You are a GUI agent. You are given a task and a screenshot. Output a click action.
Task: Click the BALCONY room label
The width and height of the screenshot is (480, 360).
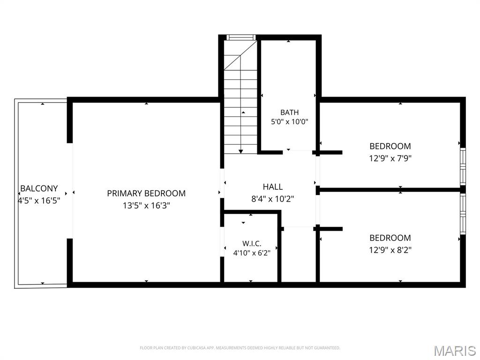tap(39, 188)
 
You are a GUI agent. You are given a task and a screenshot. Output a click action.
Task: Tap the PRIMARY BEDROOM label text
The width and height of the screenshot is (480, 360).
tap(146, 194)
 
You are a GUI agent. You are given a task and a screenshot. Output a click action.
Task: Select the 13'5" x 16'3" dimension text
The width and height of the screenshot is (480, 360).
tap(146, 205)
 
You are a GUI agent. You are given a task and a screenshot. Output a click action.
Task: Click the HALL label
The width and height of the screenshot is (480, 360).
tap(273, 187)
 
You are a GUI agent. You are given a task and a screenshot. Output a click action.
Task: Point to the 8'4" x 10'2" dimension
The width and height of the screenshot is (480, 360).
tap(273, 199)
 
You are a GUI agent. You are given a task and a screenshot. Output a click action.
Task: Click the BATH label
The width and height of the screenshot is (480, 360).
tap(290, 112)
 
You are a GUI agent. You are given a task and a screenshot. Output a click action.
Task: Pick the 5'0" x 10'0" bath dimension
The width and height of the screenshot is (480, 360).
tap(290, 122)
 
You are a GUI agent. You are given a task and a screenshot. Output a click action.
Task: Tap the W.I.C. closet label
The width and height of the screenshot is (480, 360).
tap(252, 244)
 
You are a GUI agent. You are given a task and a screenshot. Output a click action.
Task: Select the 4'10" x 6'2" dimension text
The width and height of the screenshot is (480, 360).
tap(252, 253)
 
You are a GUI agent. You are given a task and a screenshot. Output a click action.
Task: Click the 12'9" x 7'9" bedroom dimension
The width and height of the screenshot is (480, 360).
tap(390, 158)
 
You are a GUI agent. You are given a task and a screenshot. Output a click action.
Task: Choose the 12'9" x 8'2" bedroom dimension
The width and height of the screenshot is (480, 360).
tap(390, 250)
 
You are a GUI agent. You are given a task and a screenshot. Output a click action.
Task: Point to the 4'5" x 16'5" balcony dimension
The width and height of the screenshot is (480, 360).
tap(39, 201)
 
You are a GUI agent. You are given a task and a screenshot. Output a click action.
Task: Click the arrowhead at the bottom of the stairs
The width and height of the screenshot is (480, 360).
tap(241, 151)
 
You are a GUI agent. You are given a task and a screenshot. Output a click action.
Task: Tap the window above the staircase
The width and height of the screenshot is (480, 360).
tap(241, 37)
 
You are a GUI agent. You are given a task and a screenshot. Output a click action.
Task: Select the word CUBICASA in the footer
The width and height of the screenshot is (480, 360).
tap(195, 348)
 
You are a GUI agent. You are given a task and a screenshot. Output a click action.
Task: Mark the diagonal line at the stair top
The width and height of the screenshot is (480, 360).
tap(240, 55)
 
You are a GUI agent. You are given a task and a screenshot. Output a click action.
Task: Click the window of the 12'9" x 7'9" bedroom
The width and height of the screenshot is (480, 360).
tap(463, 166)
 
